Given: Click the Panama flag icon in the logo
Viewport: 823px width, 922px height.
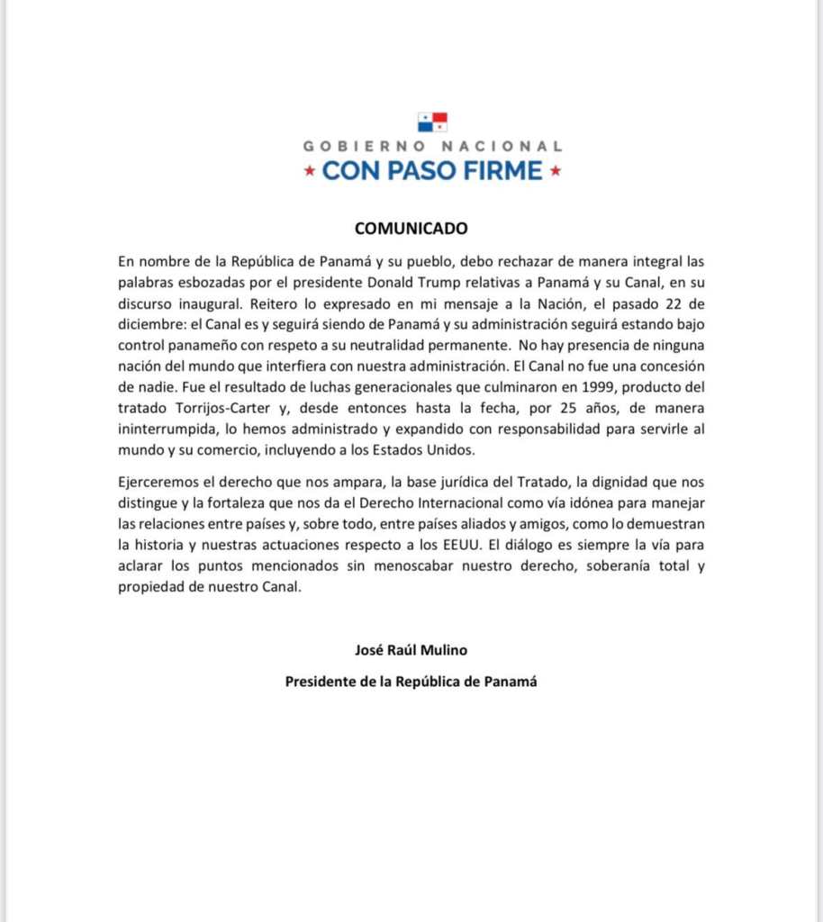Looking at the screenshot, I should [x=432, y=122].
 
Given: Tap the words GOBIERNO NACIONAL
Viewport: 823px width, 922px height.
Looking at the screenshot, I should [x=432, y=146].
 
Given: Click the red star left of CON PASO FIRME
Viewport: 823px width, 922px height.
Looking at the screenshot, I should [x=310, y=171].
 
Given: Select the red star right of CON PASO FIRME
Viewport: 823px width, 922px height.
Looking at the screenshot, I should [x=556, y=171].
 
